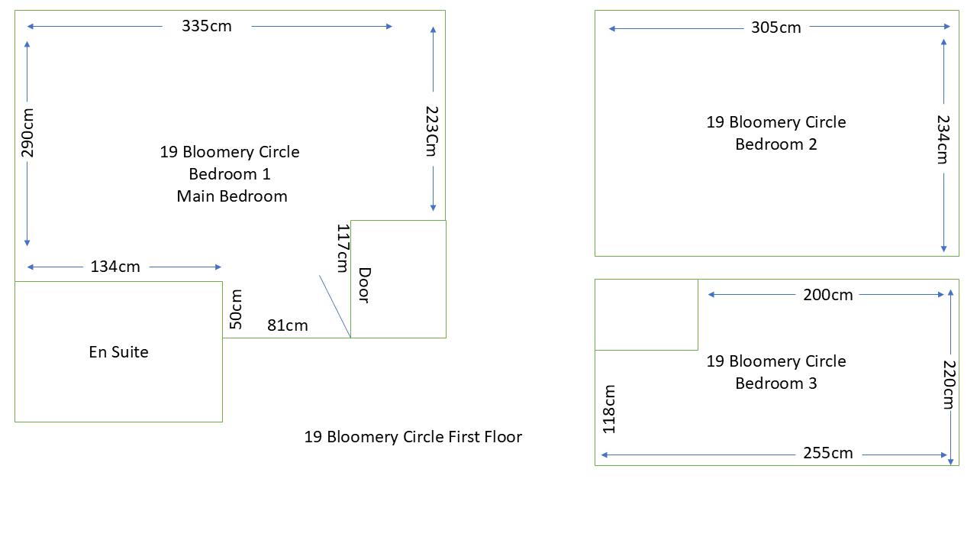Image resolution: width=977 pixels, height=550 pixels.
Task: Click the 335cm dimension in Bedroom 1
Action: (207, 26)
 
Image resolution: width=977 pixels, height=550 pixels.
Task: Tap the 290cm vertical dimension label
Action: (27, 133)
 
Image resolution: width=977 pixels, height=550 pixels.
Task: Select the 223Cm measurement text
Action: (432, 131)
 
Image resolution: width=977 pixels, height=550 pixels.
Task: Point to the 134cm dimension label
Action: (115, 267)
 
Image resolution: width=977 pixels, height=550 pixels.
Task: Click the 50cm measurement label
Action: (236, 309)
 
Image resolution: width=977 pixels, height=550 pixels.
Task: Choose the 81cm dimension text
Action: (288, 325)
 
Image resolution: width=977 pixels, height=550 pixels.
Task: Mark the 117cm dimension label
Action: (343, 248)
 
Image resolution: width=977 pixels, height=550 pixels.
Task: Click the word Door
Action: (365, 285)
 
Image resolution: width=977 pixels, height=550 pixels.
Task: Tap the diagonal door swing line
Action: (335, 306)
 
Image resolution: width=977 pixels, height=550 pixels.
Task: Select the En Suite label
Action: (118, 352)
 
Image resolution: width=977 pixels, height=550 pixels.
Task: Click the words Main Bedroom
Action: (232, 196)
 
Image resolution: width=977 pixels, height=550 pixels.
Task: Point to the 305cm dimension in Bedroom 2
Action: (776, 27)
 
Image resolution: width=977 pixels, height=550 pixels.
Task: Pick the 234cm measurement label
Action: (943, 139)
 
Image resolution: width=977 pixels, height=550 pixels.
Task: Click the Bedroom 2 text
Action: (776, 144)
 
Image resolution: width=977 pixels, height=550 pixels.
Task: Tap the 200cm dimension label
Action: (828, 295)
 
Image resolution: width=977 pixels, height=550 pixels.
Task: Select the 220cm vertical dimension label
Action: (949, 384)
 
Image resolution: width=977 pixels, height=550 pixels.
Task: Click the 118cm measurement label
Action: (609, 409)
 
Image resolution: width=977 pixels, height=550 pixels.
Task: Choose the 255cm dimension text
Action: (828, 453)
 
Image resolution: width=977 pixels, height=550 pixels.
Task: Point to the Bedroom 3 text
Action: (776, 383)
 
